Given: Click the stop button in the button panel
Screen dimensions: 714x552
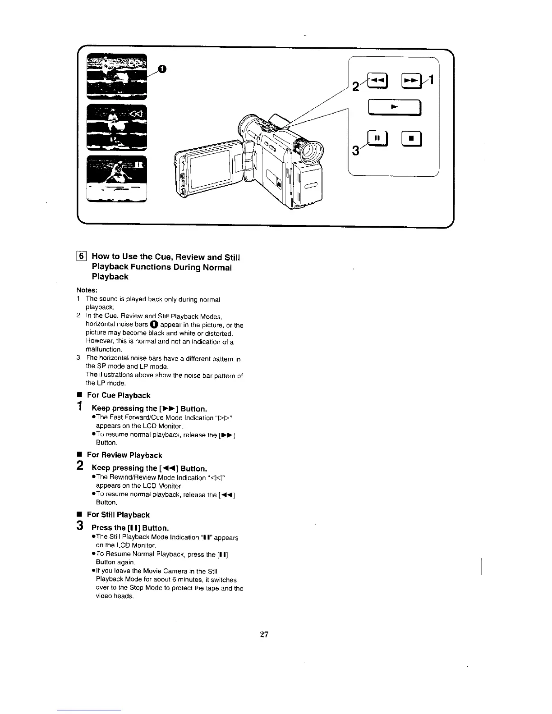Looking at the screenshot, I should coord(411,138).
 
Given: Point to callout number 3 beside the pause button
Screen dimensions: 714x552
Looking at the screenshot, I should coord(356,149).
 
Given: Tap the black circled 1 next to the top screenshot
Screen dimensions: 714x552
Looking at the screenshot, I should coord(162,69).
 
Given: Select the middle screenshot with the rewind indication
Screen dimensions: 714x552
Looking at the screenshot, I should coord(117,127).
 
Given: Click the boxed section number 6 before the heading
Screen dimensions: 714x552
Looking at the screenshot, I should coord(82,257).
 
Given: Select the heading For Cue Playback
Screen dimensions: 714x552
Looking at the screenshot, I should coord(118,395).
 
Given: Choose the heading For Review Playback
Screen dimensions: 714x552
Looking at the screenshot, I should coord(124,455).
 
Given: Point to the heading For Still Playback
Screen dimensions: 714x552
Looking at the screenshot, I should coord(118,515).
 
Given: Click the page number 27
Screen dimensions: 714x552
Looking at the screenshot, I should coord(264,635).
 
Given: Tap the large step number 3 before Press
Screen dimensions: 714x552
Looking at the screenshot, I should coord(80,526).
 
